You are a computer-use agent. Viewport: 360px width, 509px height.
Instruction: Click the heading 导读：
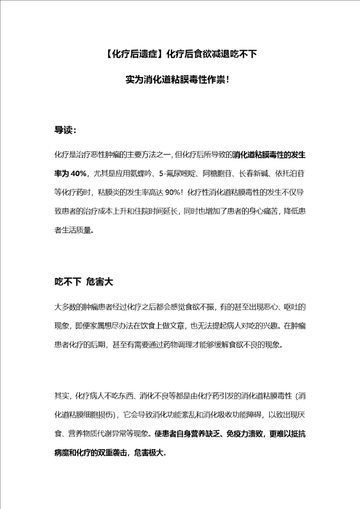(65, 130)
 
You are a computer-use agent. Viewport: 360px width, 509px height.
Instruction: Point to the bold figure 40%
(78, 173)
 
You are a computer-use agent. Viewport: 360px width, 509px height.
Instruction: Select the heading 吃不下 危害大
(83, 281)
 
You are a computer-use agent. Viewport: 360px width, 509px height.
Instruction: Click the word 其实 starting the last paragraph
(61, 396)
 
